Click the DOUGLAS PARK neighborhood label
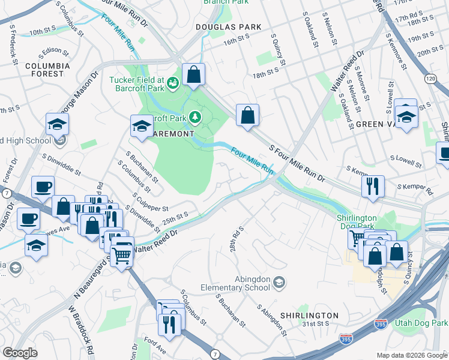pos(229,27)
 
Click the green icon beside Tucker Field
pos(173,82)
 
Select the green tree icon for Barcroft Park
pos(195,115)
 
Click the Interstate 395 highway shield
pos(346,339)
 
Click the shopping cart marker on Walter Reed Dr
pos(122,255)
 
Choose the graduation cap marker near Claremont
pos(142,126)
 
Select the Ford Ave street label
pos(154,346)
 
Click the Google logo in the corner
pos(20,353)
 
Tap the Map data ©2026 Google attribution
pos(412,355)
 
